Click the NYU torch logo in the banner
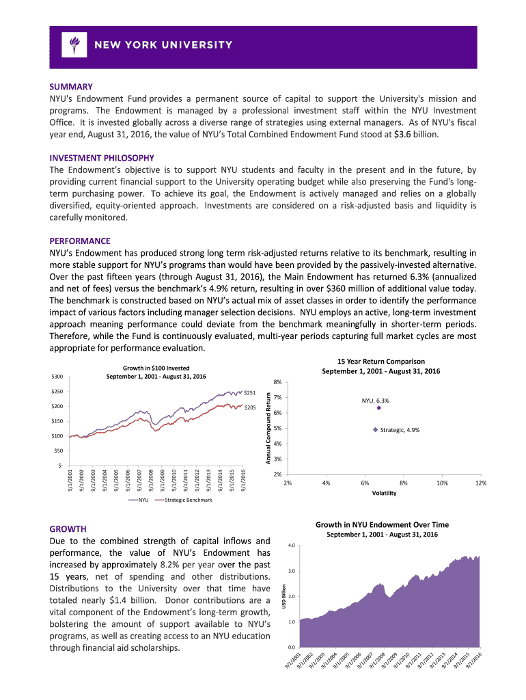(x=72, y=45)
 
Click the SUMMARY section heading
(x=71, y=87)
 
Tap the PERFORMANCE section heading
(x=80, y=241)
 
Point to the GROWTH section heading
(x=68, y=529)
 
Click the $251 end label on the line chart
(x=250, y=393)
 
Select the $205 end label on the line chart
(x=250, y=407)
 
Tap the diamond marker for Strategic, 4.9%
(x=374, y=430)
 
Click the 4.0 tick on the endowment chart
(x=291, y=545)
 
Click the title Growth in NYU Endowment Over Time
(x=382, y=524)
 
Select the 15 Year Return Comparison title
(x=381, y=361)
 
